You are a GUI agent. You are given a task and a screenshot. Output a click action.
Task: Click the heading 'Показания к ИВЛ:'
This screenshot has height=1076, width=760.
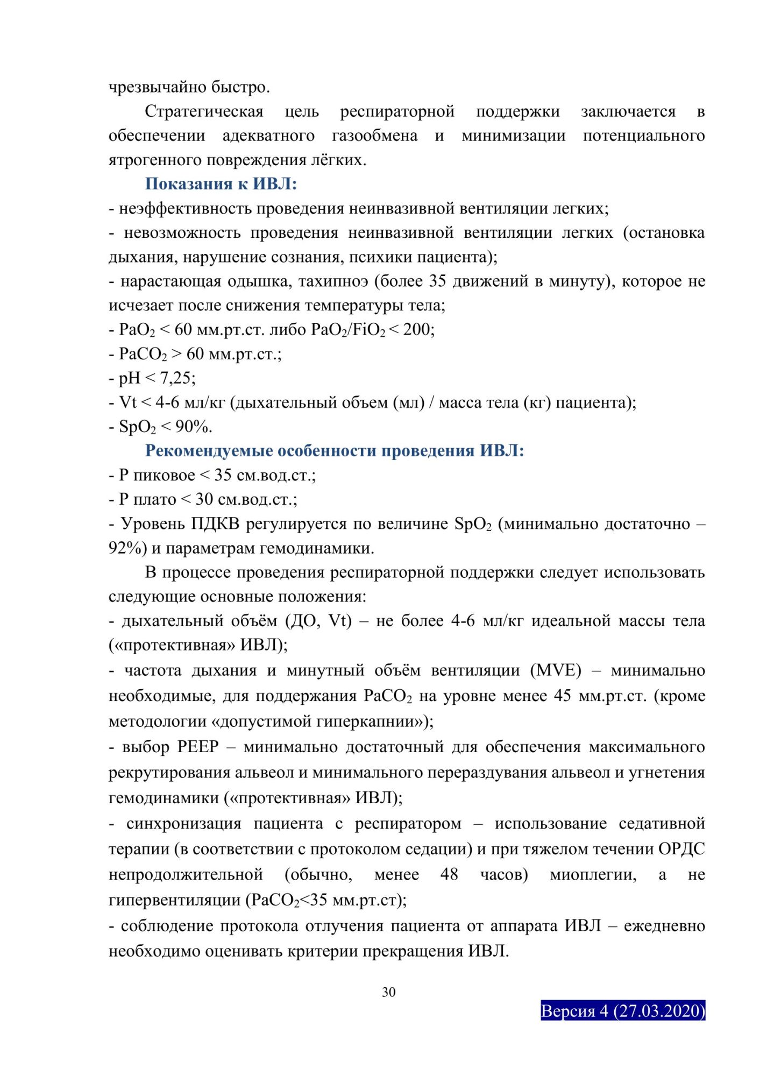point(221,184)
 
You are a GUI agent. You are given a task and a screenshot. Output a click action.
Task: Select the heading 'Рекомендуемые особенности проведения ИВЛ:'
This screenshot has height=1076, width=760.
point(334,450)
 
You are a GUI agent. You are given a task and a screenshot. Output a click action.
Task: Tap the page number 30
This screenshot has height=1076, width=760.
point(388,992)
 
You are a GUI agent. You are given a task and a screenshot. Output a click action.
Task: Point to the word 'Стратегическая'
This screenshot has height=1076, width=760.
point(204,111)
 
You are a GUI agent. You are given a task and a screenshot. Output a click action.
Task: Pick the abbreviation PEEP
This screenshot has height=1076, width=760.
point(197,747)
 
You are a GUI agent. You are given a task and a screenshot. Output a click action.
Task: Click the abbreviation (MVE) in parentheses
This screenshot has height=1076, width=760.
point(556,670)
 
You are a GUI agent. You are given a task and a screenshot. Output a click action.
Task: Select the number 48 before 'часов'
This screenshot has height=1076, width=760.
point(449,874)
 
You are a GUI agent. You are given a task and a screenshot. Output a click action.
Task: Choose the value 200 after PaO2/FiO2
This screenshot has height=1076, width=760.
point(417,329)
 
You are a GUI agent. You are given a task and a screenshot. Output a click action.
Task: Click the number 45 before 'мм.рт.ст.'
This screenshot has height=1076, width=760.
point(562,696)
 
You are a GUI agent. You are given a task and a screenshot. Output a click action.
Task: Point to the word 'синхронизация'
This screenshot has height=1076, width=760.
point(183,824)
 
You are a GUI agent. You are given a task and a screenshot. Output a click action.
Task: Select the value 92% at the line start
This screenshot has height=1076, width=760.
point(125,548)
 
